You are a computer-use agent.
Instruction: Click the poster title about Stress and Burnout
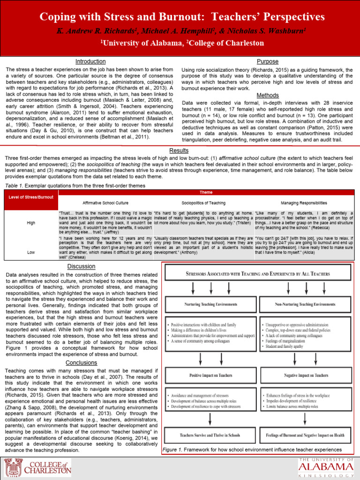(x=182, y=17)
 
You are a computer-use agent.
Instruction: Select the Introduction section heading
(x=90, y=61)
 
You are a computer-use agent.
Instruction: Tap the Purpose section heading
(x=268, y=61)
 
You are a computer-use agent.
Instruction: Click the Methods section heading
(x=268, y=95)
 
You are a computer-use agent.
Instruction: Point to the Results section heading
(x=179, y=150)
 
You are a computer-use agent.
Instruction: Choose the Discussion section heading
(x=82, y=266)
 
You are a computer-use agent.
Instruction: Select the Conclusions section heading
(x=82, y=363)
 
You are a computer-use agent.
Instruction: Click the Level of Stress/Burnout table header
(x=31, y=197)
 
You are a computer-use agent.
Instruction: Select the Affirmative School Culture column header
(x=105, y=203)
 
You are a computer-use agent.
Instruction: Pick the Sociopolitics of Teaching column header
(x=203, y=203)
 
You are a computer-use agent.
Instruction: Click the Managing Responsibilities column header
(x=304, y=203)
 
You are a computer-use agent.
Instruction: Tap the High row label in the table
(x=31, y=223)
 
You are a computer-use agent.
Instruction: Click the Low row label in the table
(x=31, y=251)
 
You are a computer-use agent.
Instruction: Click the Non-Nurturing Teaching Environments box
(x=305, y=304)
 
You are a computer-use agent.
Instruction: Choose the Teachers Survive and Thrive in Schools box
(x=210, y=435)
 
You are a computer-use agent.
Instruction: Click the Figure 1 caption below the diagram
(x=252, y=450)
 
